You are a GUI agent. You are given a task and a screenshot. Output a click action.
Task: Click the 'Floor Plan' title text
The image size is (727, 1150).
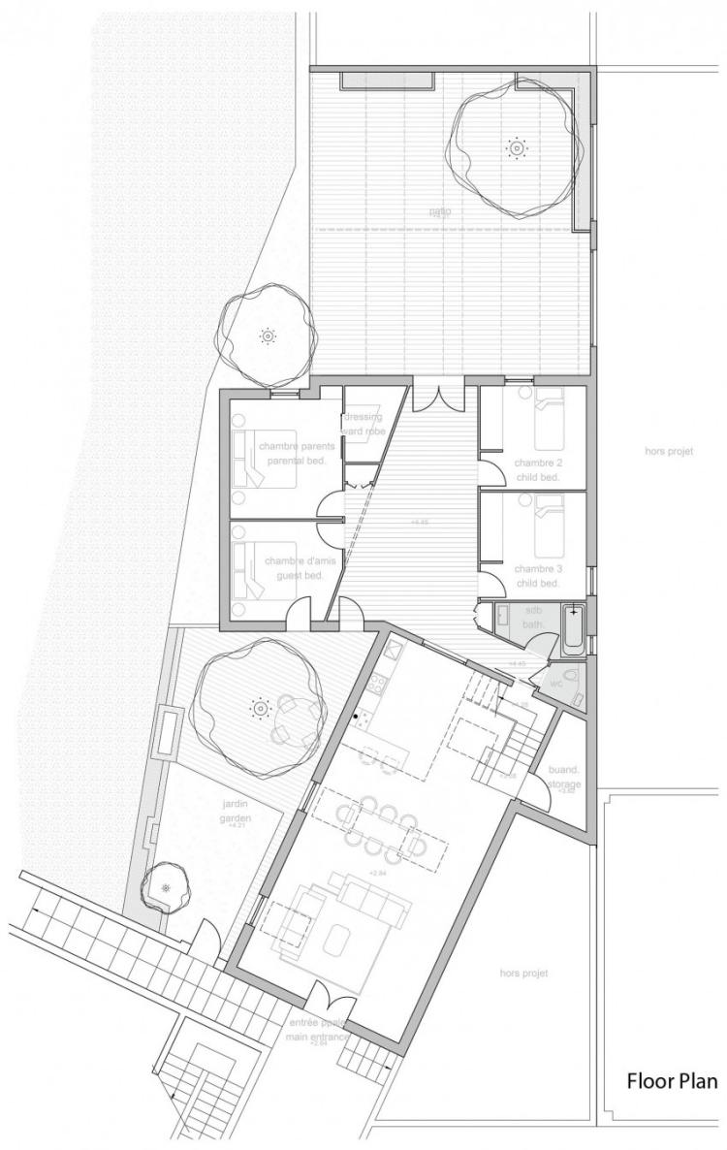click(x=672, y=1081)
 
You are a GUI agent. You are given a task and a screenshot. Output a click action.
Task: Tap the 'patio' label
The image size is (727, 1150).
click(x=441, y=211)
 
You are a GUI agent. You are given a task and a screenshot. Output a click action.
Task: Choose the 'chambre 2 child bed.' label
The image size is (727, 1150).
click(x=538, y=470)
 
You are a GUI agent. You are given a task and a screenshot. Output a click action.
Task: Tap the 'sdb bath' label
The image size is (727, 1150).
click(x=533, y=619)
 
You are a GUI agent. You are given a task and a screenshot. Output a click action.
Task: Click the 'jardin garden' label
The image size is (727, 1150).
click(x=231, y=811)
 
